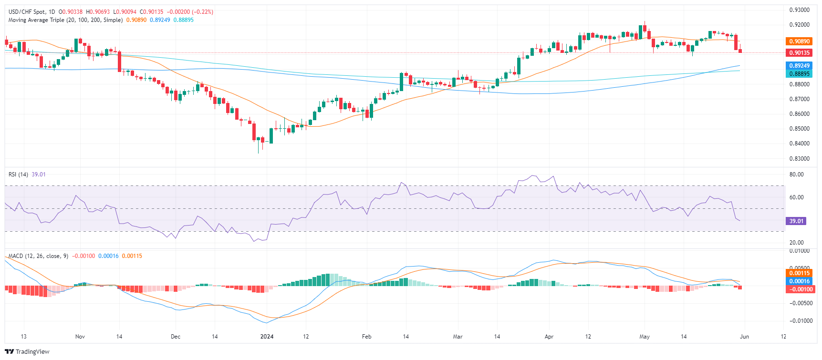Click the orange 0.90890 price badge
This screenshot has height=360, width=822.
coord(799,41)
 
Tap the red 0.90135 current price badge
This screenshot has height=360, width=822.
coord(799,53)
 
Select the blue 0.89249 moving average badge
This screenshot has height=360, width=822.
coord(799,66)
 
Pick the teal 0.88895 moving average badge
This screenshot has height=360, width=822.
coord(799,74)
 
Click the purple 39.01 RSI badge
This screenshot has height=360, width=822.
coord(796,221)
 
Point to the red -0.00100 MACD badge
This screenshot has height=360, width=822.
coord(799,289)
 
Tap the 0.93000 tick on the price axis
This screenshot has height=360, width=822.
coord(799,10)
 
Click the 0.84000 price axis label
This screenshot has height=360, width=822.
coord(799,144)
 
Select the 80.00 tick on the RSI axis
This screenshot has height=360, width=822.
coord(796,175)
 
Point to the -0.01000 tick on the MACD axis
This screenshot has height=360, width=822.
coord(798,321)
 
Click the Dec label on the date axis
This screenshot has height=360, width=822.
coord(176,337)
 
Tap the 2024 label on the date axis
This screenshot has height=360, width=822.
coord(267,337)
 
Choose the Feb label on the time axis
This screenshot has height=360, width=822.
coord(366,337)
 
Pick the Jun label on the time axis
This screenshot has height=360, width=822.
coord(744,337)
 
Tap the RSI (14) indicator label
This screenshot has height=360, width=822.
coord(19,175)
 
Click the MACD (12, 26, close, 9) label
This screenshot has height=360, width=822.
coord(38,256)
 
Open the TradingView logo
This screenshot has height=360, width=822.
coord(27,352)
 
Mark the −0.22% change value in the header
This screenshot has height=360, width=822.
coord(203,12)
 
